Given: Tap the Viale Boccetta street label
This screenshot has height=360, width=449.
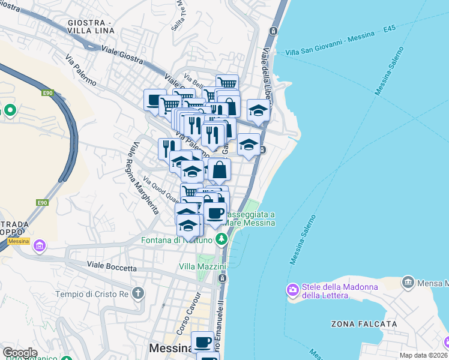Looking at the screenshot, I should (112, 267).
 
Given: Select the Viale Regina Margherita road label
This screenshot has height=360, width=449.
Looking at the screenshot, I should (142, 179).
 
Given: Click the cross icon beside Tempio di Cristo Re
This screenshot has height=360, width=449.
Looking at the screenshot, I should (139, 293).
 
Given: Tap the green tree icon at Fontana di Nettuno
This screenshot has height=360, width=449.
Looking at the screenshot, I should (222, 240).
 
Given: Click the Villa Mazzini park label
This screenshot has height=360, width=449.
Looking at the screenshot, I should (202, 266).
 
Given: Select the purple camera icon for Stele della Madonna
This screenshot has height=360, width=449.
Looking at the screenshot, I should (293, 290).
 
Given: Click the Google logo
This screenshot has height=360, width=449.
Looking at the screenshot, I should (19, 353).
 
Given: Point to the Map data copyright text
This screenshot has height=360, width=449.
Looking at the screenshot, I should (424, 355).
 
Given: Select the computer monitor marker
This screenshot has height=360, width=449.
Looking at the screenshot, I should (155, 100).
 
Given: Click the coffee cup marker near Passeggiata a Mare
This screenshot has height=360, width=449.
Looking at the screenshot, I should (214, 212).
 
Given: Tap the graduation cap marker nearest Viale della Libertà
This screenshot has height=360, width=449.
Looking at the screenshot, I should (258, 110).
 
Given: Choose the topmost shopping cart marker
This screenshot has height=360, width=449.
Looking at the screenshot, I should (227, 84).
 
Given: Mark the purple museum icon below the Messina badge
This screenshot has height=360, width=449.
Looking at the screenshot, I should (40, 245).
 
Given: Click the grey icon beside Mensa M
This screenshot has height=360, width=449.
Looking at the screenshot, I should (408, 282).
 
